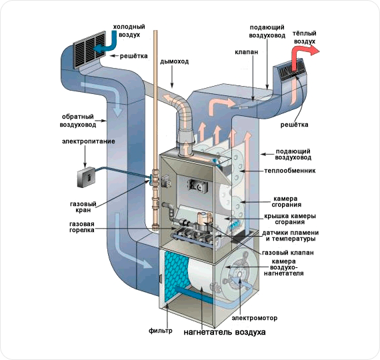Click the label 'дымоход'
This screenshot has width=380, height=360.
coord(174,61)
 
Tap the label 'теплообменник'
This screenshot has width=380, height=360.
coord(290,171)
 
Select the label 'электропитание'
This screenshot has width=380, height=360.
coord(89,141)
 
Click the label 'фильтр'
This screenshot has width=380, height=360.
coord(161,331)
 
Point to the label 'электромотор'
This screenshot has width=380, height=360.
coord(255,318)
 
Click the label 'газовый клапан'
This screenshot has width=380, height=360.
coord(288,253)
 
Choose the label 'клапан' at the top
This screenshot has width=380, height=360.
coord(247,52)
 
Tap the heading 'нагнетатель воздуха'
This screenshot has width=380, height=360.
coord(225,332)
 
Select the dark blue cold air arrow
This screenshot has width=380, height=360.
coord(107,42)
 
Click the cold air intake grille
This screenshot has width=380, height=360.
coord(90,49)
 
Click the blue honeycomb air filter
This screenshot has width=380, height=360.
coord(176,277)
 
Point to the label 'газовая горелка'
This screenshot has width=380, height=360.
coord(82,227)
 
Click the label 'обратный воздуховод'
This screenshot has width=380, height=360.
coord(78,121)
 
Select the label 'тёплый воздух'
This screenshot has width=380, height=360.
coord(305,37)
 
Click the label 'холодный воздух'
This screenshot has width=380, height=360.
coord(129,31)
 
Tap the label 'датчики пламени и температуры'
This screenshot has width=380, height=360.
coord(290,235)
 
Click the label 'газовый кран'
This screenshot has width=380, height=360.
coord(83,207)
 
